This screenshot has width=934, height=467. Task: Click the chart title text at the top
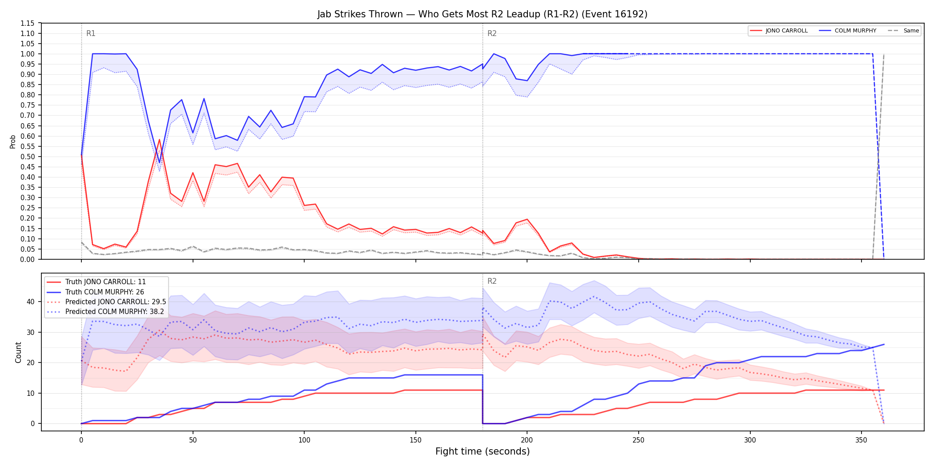click(482, 14)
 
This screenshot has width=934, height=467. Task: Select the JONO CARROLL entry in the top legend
click(779, 31)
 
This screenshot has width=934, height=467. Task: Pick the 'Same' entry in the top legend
click(903, 31)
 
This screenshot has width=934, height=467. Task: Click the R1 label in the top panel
click(91, 33)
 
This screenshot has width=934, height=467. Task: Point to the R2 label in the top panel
click(492, 33)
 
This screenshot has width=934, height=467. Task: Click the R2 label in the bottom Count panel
click(492, 281)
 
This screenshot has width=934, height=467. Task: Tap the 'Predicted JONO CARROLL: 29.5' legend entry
click(106, 302)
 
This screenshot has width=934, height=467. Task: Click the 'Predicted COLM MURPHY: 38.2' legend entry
click(105, 311)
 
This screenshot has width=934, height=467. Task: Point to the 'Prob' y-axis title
click(13, 141)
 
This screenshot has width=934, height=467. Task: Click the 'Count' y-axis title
click(18, 352)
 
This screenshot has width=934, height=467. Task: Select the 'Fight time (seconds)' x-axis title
click(483, 451)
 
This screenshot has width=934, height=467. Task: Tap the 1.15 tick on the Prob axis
click(27, 23)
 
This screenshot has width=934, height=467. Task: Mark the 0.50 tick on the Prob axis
click(27, 157)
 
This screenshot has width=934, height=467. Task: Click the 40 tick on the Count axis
click(30, 302)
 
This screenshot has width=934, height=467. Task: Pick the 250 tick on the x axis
click(639, 440)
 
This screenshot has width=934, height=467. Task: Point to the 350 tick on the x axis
click(862, 440)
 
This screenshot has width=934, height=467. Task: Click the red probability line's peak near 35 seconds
click(159, 140)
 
